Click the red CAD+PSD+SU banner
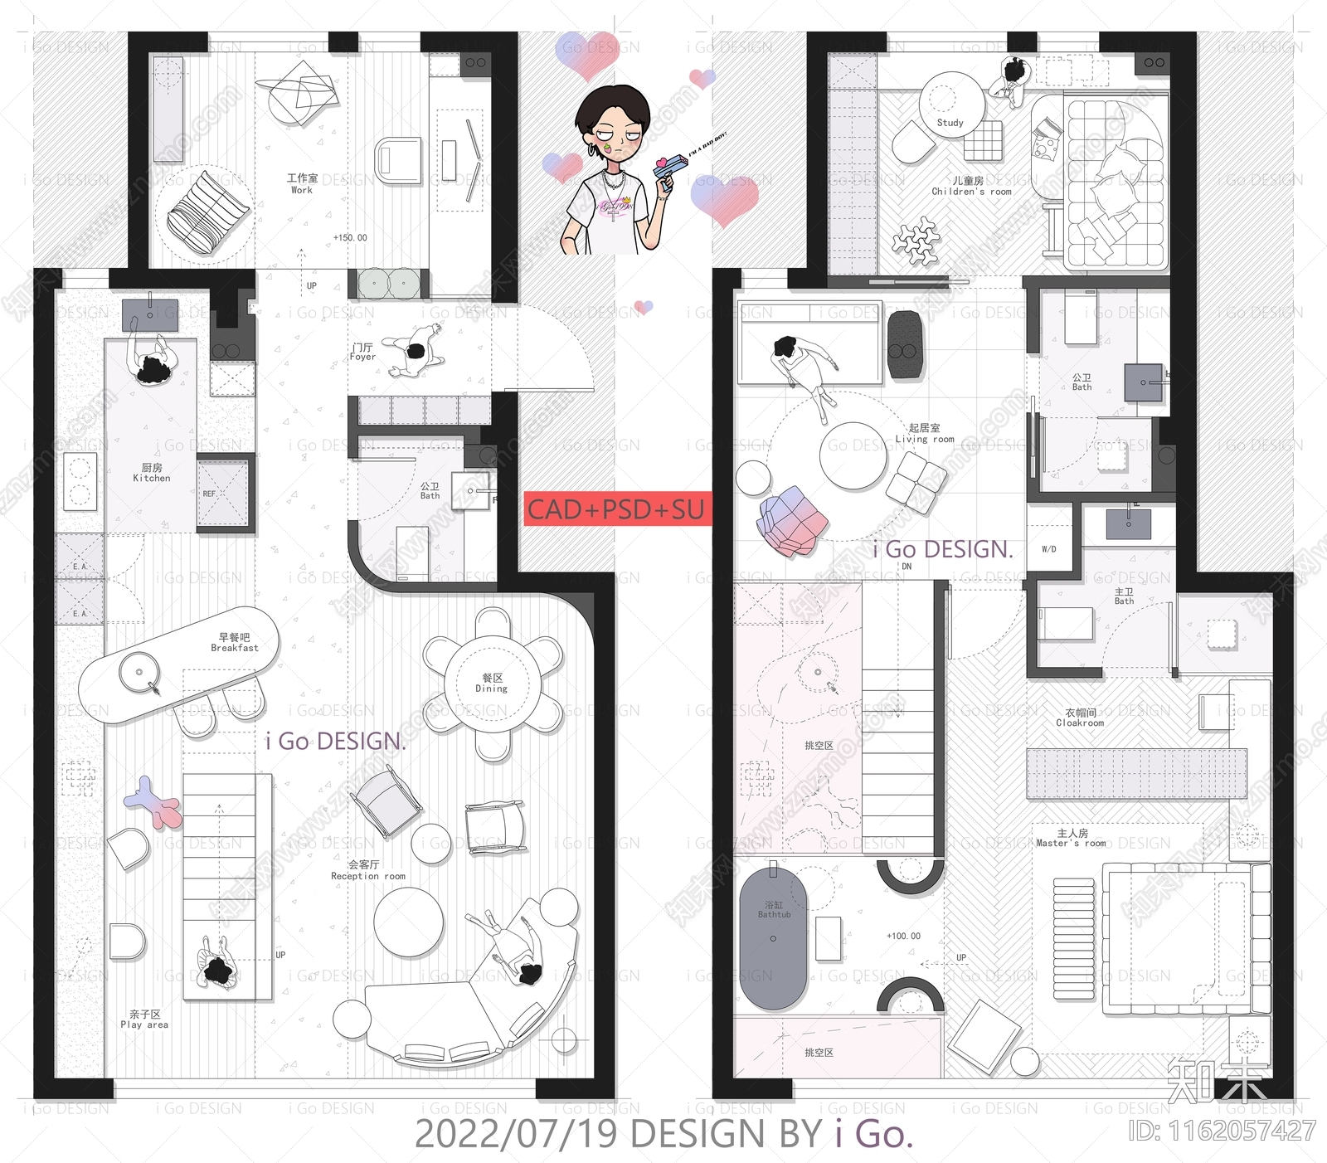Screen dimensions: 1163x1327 [x=616, y=509]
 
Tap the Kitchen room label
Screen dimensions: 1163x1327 [x=152, y=473]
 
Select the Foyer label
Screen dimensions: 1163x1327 [x=362, y=352]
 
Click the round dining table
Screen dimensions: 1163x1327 [x=493, y=683]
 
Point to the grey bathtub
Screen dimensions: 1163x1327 [x=773, y=937]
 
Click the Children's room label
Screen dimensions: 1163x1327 [x=970, y=186]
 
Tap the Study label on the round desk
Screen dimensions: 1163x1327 [x=950, y=123]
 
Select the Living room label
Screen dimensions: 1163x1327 [x=925, y=434]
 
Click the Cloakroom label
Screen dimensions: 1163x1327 [x=1080, y=718]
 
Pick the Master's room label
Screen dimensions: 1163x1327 [x=1072, y=838]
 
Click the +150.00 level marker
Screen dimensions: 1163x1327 [x=350, y=238]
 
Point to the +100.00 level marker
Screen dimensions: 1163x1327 [x=903, y=936]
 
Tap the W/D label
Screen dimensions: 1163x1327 [x=1049, y=549]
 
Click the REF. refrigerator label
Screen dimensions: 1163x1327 [x=209, y=494]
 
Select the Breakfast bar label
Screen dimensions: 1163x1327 [x=235, y=643]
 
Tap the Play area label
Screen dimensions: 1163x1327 [x=144, y=1019]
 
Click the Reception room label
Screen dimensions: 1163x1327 [x=367, y=870]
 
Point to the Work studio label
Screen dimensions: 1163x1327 [x=302, y=184]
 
